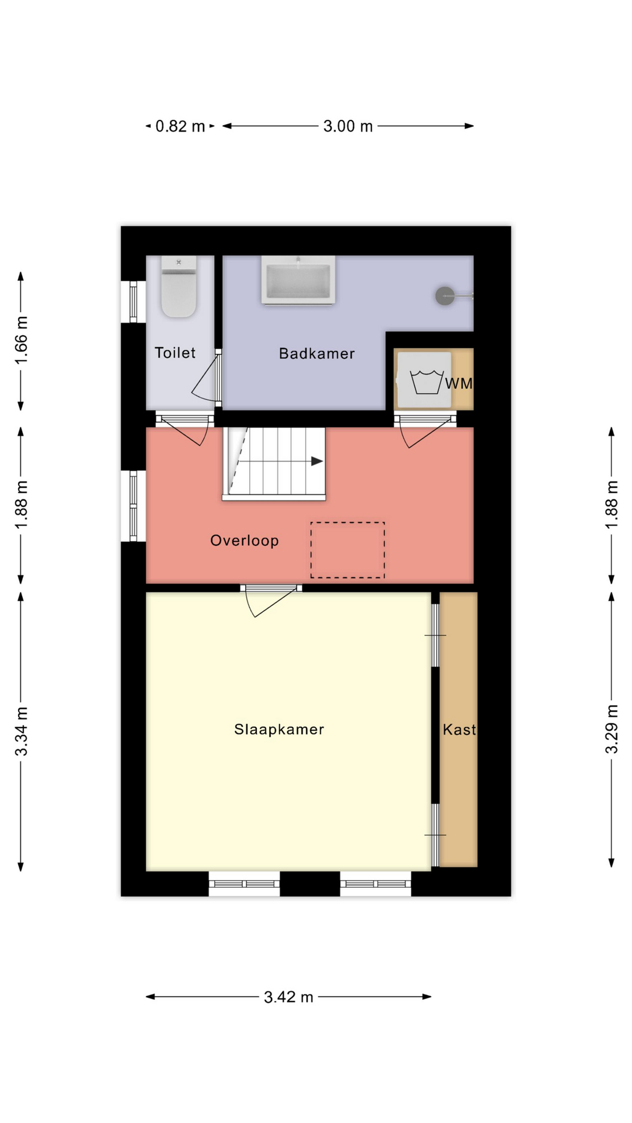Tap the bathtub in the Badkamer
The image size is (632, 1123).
pos(298,280)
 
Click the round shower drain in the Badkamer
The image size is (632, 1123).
pos(445,296)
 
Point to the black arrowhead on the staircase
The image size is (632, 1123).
pos(317,461)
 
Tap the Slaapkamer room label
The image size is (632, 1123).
pos(279,729)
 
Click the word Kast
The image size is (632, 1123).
pos(459,729)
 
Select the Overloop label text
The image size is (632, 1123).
pos(245,540)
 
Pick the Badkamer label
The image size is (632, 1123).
pos(317,353)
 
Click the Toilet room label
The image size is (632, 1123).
pos(175,353)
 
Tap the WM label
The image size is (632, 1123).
pos(459,384)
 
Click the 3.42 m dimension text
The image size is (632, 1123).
pos(288,997)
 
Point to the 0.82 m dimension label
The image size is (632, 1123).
pos(180,126)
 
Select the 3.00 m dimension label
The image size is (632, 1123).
pos(348,126)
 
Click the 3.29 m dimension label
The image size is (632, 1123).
pos(612,729)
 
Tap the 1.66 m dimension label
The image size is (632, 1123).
pos(21,340)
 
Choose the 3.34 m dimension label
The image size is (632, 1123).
pos(21,731)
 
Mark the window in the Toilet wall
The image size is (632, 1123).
pos(133,302)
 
